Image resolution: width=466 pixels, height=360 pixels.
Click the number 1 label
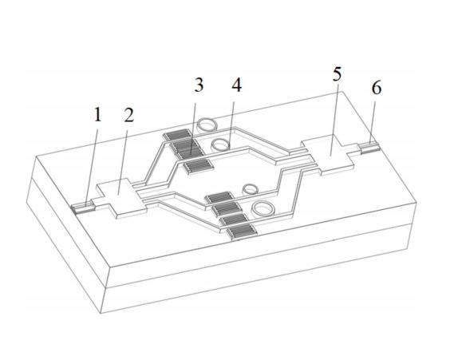(x=97, y=115)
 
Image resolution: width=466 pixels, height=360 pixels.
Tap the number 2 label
(x=128, y=115)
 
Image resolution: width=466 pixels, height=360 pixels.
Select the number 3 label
(x=199, y=85)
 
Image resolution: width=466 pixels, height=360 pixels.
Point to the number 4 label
(x=236, y=85)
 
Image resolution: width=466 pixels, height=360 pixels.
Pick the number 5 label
(x=337, y=73)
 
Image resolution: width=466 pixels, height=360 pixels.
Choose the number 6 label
(x=377, y=88)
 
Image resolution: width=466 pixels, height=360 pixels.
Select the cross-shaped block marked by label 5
(x=329, y=154)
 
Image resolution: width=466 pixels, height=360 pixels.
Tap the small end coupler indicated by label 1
(x=83, y=208)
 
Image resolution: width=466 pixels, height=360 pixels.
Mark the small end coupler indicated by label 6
(x=369, y=148)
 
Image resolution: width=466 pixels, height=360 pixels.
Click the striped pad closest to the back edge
(x=178, y=135)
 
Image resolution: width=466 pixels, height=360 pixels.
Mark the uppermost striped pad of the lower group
(x=219, y=197)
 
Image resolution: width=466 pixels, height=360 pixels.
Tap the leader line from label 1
(x=92, y=164)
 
